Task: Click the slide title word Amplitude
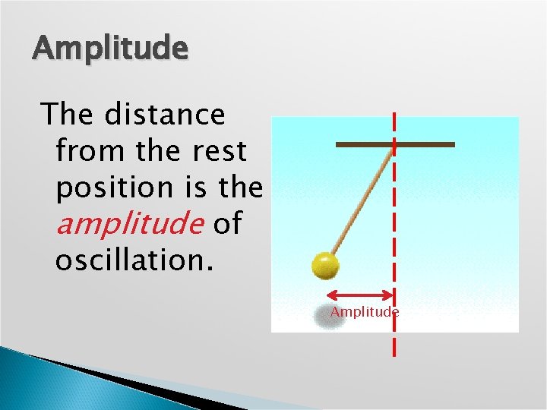click(x=109, y=49)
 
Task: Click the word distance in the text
click(x=165, y=115)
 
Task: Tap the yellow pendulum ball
click(x=326, y=266)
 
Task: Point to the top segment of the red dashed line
click(x=394, y=121)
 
